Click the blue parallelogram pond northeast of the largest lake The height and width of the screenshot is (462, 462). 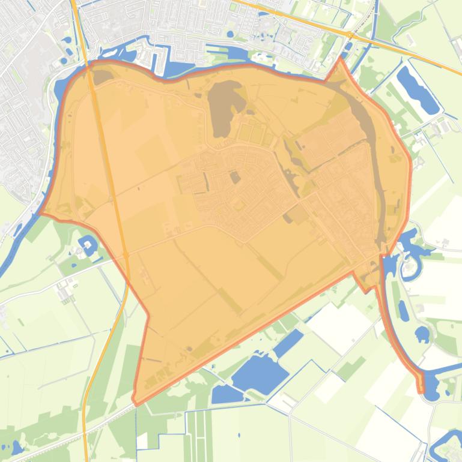pos(289,343)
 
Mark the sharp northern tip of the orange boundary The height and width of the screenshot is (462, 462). pos(341,58)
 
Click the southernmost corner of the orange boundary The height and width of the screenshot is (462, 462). pos(136,403)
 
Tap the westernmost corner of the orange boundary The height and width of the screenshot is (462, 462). pos(40,212)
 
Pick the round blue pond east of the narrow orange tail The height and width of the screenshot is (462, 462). pos(423,333)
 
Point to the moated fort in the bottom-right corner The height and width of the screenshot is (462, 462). pos(448,444)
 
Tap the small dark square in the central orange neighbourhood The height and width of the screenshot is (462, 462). pos(236,177)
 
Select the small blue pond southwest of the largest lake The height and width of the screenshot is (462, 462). pos(226,394)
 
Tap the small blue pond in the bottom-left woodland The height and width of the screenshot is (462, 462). pos(15,448)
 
